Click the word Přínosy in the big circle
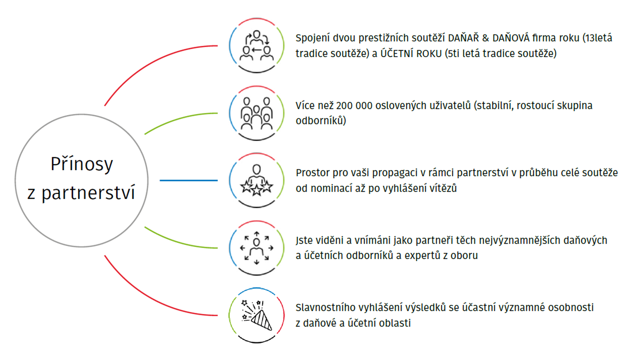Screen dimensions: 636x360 (x=82, y=164)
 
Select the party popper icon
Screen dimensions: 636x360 (x=257, y=315)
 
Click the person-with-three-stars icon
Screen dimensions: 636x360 (x=257, y=180)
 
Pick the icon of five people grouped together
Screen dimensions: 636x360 (x=257, y=113)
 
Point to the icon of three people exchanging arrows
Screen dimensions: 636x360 (x=257, y=46)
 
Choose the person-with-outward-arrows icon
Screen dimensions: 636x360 (x=257, y=248)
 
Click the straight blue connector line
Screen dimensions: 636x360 (x=188, y=180)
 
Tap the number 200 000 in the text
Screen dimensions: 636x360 (x=354, y=106)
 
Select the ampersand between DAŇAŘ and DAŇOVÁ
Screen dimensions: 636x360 (x=486, y=38)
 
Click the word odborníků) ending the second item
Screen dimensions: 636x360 (x=321, y=121)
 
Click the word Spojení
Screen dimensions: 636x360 (x=313, y=38)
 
